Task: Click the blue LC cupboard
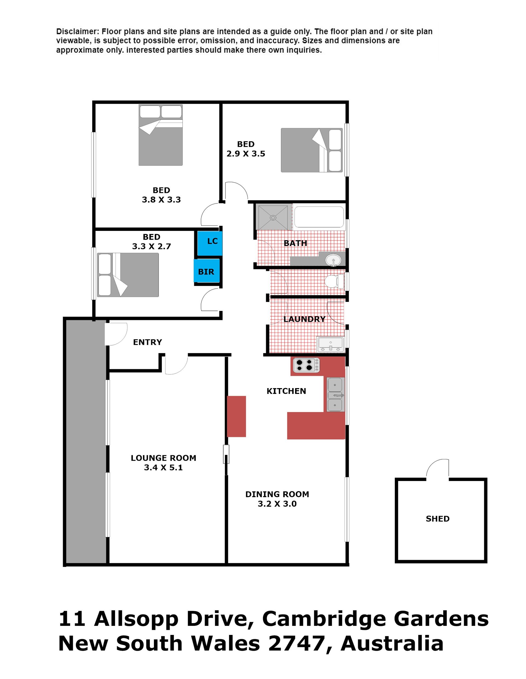210,243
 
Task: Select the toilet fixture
334,282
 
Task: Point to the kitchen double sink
335,394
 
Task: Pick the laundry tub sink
330,345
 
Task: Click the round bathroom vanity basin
333,260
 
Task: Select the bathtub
319,217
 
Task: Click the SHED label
438,518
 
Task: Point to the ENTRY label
147,342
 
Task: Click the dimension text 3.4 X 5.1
163,467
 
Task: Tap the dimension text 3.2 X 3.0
277,504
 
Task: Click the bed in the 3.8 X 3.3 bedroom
161,135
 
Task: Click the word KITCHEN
286,391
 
